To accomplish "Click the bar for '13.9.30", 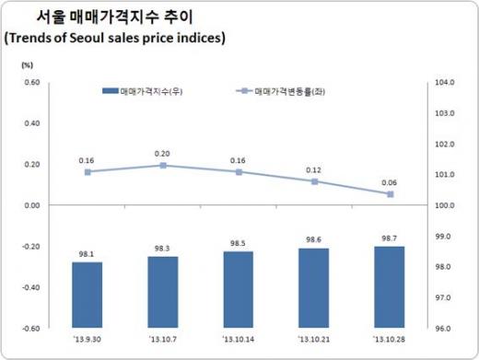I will (x=88, y=295).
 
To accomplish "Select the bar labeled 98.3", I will (x=163, y=291).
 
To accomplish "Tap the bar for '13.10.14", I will (x=239, y=289).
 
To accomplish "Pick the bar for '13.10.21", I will (x=314, y=287).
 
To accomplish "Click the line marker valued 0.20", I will (x=163, y=166).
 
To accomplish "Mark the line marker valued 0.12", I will (x=314, y=181).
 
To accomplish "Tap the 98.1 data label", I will (x=88, y=254).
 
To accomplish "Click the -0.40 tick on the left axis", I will (x=29, y=287).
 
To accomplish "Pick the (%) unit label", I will (x=27, y=64).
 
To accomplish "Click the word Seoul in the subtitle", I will (x=92, y=38).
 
